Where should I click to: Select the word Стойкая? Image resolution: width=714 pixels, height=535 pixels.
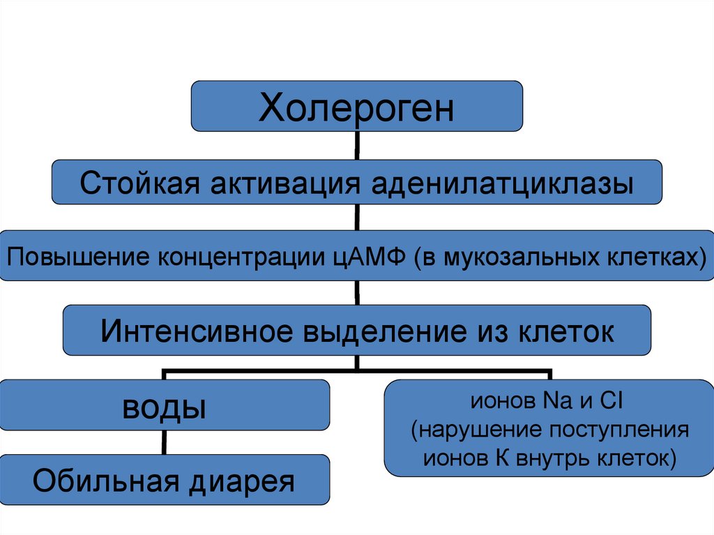click(139, 184)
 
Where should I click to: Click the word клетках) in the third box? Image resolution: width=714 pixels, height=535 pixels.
click(655, 257)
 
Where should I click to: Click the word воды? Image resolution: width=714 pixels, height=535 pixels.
click(165, 407)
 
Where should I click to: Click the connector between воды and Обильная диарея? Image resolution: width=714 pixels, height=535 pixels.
click(165, 442)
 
